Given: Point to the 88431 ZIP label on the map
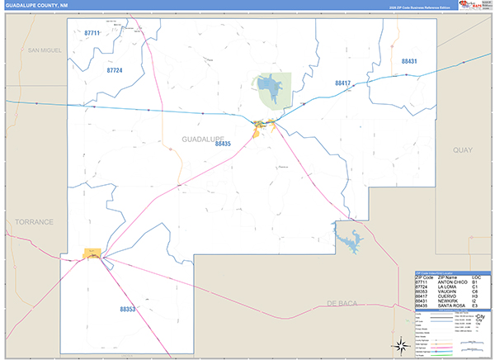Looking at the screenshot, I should (x=410, y=62).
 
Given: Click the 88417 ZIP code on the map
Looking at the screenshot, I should (x=343, y=83).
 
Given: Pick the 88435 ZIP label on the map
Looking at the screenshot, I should (x=223, y=144).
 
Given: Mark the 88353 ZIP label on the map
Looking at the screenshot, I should (x=127, y=309).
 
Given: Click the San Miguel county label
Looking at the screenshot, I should (x=45, y=50).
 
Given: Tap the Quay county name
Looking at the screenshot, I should (x=461, y=150).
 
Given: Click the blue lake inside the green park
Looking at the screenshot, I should (x=266, y=85).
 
